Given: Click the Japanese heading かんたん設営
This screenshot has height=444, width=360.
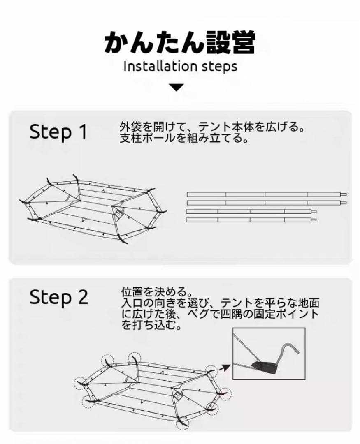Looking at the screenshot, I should pyautogui.click(x=180, y=42).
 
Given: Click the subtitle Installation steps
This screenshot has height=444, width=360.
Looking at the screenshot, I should pyautogui.click(x=180, y=67).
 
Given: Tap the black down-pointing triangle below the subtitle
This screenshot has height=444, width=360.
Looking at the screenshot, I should pyautogui.click(x=177, y=88).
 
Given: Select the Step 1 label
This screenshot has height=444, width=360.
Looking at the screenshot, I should pyautogui.click(x=58, y=132).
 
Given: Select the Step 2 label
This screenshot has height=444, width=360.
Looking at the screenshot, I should pyautogui.click(x=58, y=297).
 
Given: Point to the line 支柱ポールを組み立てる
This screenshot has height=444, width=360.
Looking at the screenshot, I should pyautogui.click(x=184, y=139).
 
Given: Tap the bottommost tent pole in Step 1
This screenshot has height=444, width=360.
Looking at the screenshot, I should pyautogui.click(x=251, y=220).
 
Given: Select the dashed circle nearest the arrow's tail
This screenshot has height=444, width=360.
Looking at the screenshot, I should pyautogui.click(x=212, y=371).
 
